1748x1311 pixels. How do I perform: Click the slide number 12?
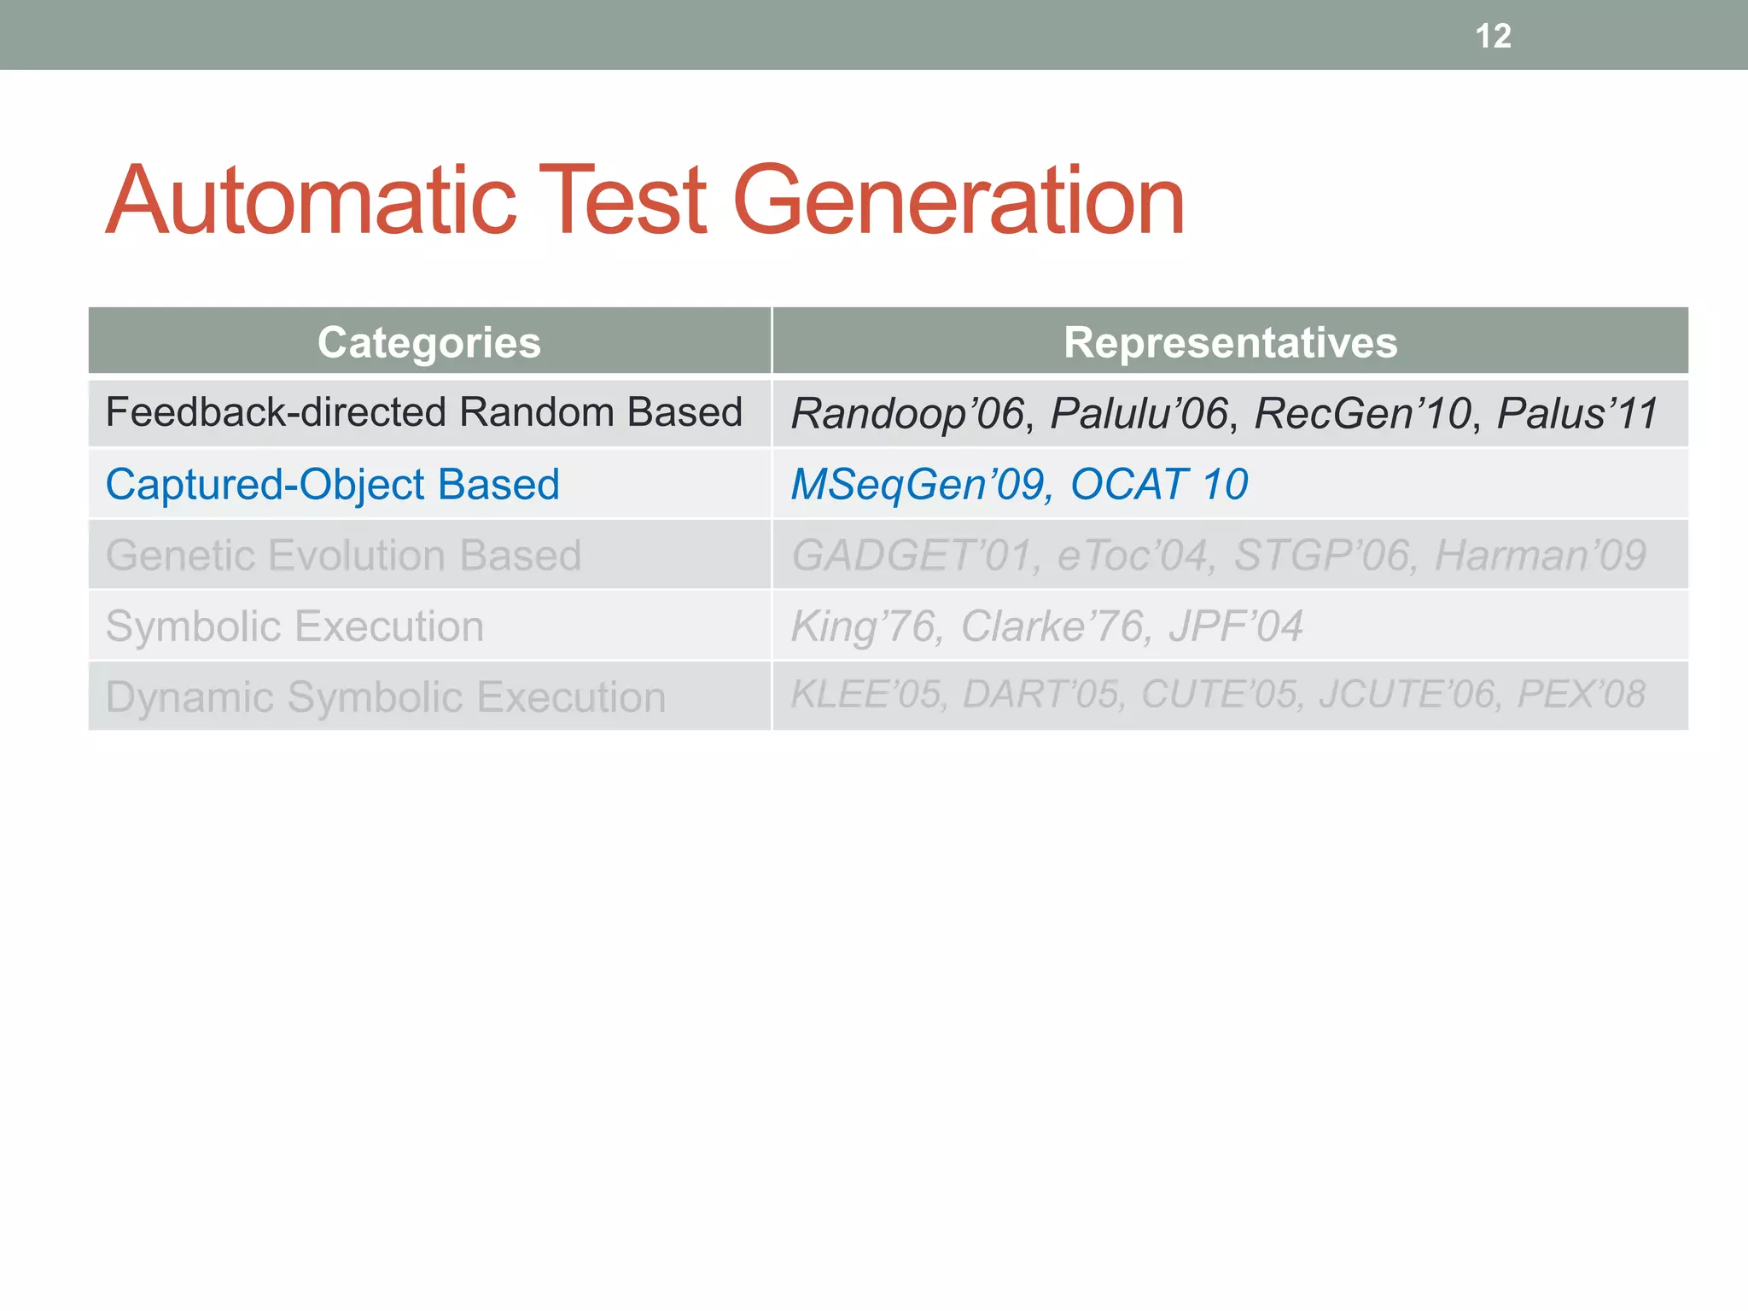point(1493,36)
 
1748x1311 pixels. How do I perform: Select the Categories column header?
point(429,342)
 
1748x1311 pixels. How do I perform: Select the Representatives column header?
point(1230,342)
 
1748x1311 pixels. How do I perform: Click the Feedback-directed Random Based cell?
point(424,412)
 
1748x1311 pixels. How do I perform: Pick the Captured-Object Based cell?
point(333,484)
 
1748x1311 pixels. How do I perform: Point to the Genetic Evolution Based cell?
point(343,555)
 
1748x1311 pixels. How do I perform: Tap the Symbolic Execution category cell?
point(294,626)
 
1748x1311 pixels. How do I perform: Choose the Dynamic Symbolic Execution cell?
point(386,696)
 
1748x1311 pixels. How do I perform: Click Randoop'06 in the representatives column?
point(907,413)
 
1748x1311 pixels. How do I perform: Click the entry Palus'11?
point(1576,413)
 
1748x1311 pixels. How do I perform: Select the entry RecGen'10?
point(1362,413)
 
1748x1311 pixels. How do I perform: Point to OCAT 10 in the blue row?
point(1159,484)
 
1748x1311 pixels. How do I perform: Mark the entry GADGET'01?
point(912,555)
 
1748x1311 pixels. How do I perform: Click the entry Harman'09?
point(1540,555)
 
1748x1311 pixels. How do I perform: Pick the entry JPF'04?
point(1235,626)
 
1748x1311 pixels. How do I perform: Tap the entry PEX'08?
point(1581,694)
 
